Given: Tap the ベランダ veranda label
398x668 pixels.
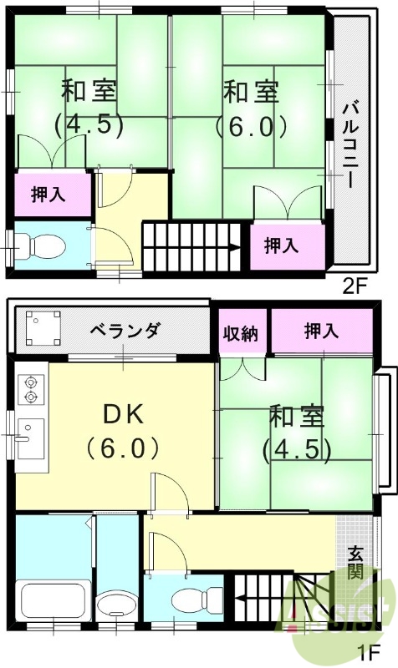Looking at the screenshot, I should [125, 331].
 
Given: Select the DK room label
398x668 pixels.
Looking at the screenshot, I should [125, 415].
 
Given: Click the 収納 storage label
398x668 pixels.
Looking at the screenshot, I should [241, 331].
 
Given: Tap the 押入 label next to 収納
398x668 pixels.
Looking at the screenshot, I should [321, 331].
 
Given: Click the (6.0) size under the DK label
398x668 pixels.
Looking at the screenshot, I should [125, 449].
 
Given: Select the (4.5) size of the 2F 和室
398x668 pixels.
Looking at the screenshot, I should [89, 125].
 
